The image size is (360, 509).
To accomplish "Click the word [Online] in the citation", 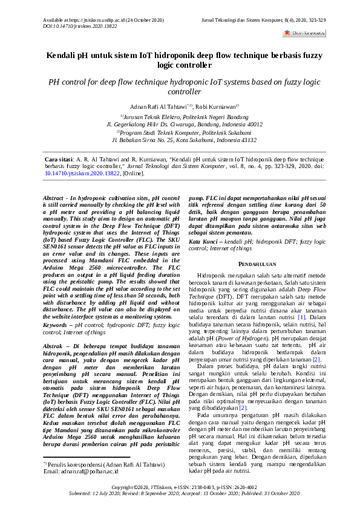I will pos(133,173).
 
